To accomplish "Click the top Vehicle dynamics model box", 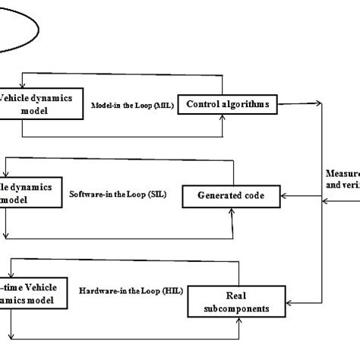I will tap(41, 104).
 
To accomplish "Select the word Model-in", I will tap(106, 105).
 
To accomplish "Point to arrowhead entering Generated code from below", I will tap(231, 210).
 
